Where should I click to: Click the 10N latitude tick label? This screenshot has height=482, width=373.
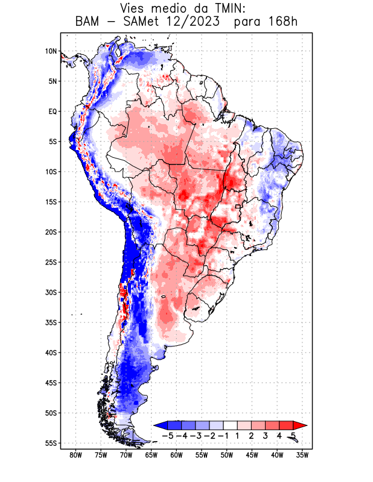pyautogui.click(x=50, y=51)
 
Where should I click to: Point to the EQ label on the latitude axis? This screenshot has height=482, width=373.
pyautogui.click(x=52, y=111)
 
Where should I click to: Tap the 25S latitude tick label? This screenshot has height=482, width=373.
pyautogui.click(x=50, y=262)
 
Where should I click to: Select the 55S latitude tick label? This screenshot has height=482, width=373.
pyautogui.click(x=50, y=443)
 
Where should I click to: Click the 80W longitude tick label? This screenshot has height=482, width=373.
pyautogui.click(x=75, y=455)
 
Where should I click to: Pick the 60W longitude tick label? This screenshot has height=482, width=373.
pyautogui.click(x=176, y=455)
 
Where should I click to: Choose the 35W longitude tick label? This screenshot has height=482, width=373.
pyautogui.click(x=302, y=455)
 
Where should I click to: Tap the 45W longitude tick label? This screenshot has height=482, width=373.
pyautogui.click(x=252, y=455)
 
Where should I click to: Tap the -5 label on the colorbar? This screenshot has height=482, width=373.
pyautogui.click(x=168, y=435)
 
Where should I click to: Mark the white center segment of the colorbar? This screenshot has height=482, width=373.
pyautogui.click(x=230, y=425)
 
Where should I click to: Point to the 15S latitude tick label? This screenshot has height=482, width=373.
pyautogui.click(x=50, y=202)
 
